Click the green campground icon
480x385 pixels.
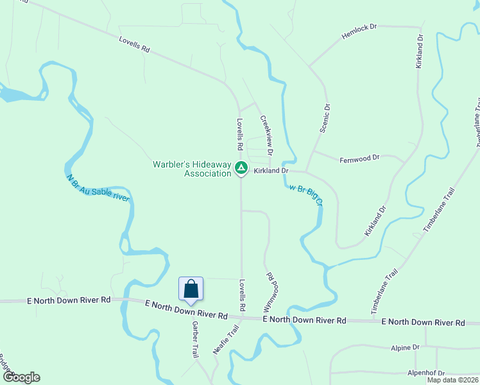(241, 169)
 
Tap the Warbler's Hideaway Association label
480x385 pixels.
(192, 169)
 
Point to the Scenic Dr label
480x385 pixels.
(326, 119)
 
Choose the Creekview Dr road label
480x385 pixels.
(266, 135)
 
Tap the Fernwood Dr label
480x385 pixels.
(360, 157)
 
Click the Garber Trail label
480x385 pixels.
(195, 339)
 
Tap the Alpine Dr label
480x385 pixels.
(405, 347)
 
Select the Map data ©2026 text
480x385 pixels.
(453, 380)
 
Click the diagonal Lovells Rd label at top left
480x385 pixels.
(134, 44)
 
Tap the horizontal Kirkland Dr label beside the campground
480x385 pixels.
(271, 172)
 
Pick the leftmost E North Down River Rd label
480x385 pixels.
(69, 300)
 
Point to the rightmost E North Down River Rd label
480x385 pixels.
(422, 322)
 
